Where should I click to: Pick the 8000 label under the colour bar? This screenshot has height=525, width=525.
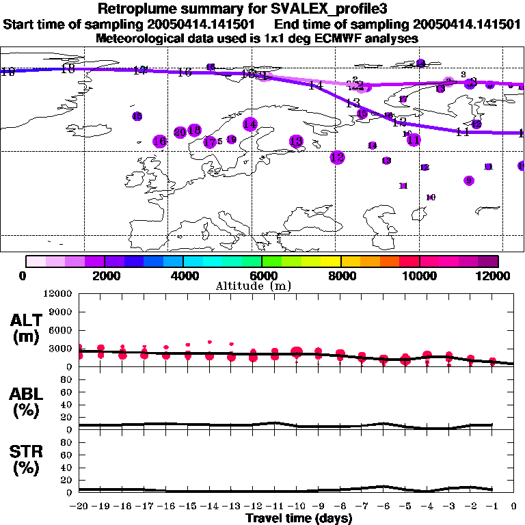(341, 275)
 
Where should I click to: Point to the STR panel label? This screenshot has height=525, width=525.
(29, 460)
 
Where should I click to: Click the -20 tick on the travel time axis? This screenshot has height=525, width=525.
(80, 507)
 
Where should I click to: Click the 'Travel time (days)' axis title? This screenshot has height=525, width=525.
(299, 519)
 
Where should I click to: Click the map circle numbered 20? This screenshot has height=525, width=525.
(180, 133)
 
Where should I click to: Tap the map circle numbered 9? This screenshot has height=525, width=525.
(468, 180)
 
